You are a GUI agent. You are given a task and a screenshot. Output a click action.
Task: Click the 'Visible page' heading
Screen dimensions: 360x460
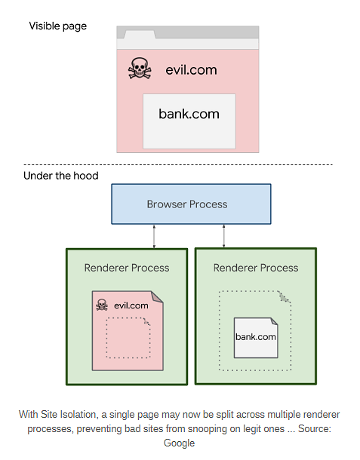point(58,26)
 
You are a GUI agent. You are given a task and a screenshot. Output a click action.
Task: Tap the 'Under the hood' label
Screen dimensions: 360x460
point(61,176)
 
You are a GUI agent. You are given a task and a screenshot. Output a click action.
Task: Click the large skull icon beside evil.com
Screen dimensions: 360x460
point(140,68)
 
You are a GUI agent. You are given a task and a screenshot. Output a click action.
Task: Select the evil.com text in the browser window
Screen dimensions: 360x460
point(191,70)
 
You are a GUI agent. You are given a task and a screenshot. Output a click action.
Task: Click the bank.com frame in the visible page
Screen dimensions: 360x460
point(189,121)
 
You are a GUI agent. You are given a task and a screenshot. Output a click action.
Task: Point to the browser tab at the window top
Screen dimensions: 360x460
point(140,35)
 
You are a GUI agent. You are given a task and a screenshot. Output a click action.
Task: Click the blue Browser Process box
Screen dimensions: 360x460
point(191,204)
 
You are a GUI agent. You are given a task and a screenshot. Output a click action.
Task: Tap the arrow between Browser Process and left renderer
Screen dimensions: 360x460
point(154,236)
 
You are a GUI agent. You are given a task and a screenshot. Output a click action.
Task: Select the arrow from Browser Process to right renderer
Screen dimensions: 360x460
point(223,236)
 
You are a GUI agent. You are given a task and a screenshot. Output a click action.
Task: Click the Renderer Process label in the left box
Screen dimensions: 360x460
point(127,268)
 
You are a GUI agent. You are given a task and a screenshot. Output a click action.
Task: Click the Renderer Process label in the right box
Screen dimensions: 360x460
point(256,268)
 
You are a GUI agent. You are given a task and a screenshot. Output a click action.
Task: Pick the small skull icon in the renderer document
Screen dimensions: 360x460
point(102,305)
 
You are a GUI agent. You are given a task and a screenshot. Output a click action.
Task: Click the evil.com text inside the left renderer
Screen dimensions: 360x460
point(131,305)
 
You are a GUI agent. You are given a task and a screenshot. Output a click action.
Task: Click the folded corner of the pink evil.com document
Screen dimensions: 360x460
point(157,296)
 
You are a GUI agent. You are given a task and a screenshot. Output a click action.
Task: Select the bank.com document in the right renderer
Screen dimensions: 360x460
point(256,338)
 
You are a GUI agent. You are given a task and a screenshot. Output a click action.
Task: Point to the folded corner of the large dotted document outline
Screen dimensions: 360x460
point(285,297)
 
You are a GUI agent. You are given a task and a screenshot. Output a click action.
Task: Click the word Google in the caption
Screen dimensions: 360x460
point(179,443)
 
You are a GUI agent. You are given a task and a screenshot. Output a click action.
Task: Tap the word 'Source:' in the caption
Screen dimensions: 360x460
point(315,428)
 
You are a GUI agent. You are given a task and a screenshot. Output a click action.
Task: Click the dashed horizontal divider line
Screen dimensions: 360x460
point(178,164)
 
